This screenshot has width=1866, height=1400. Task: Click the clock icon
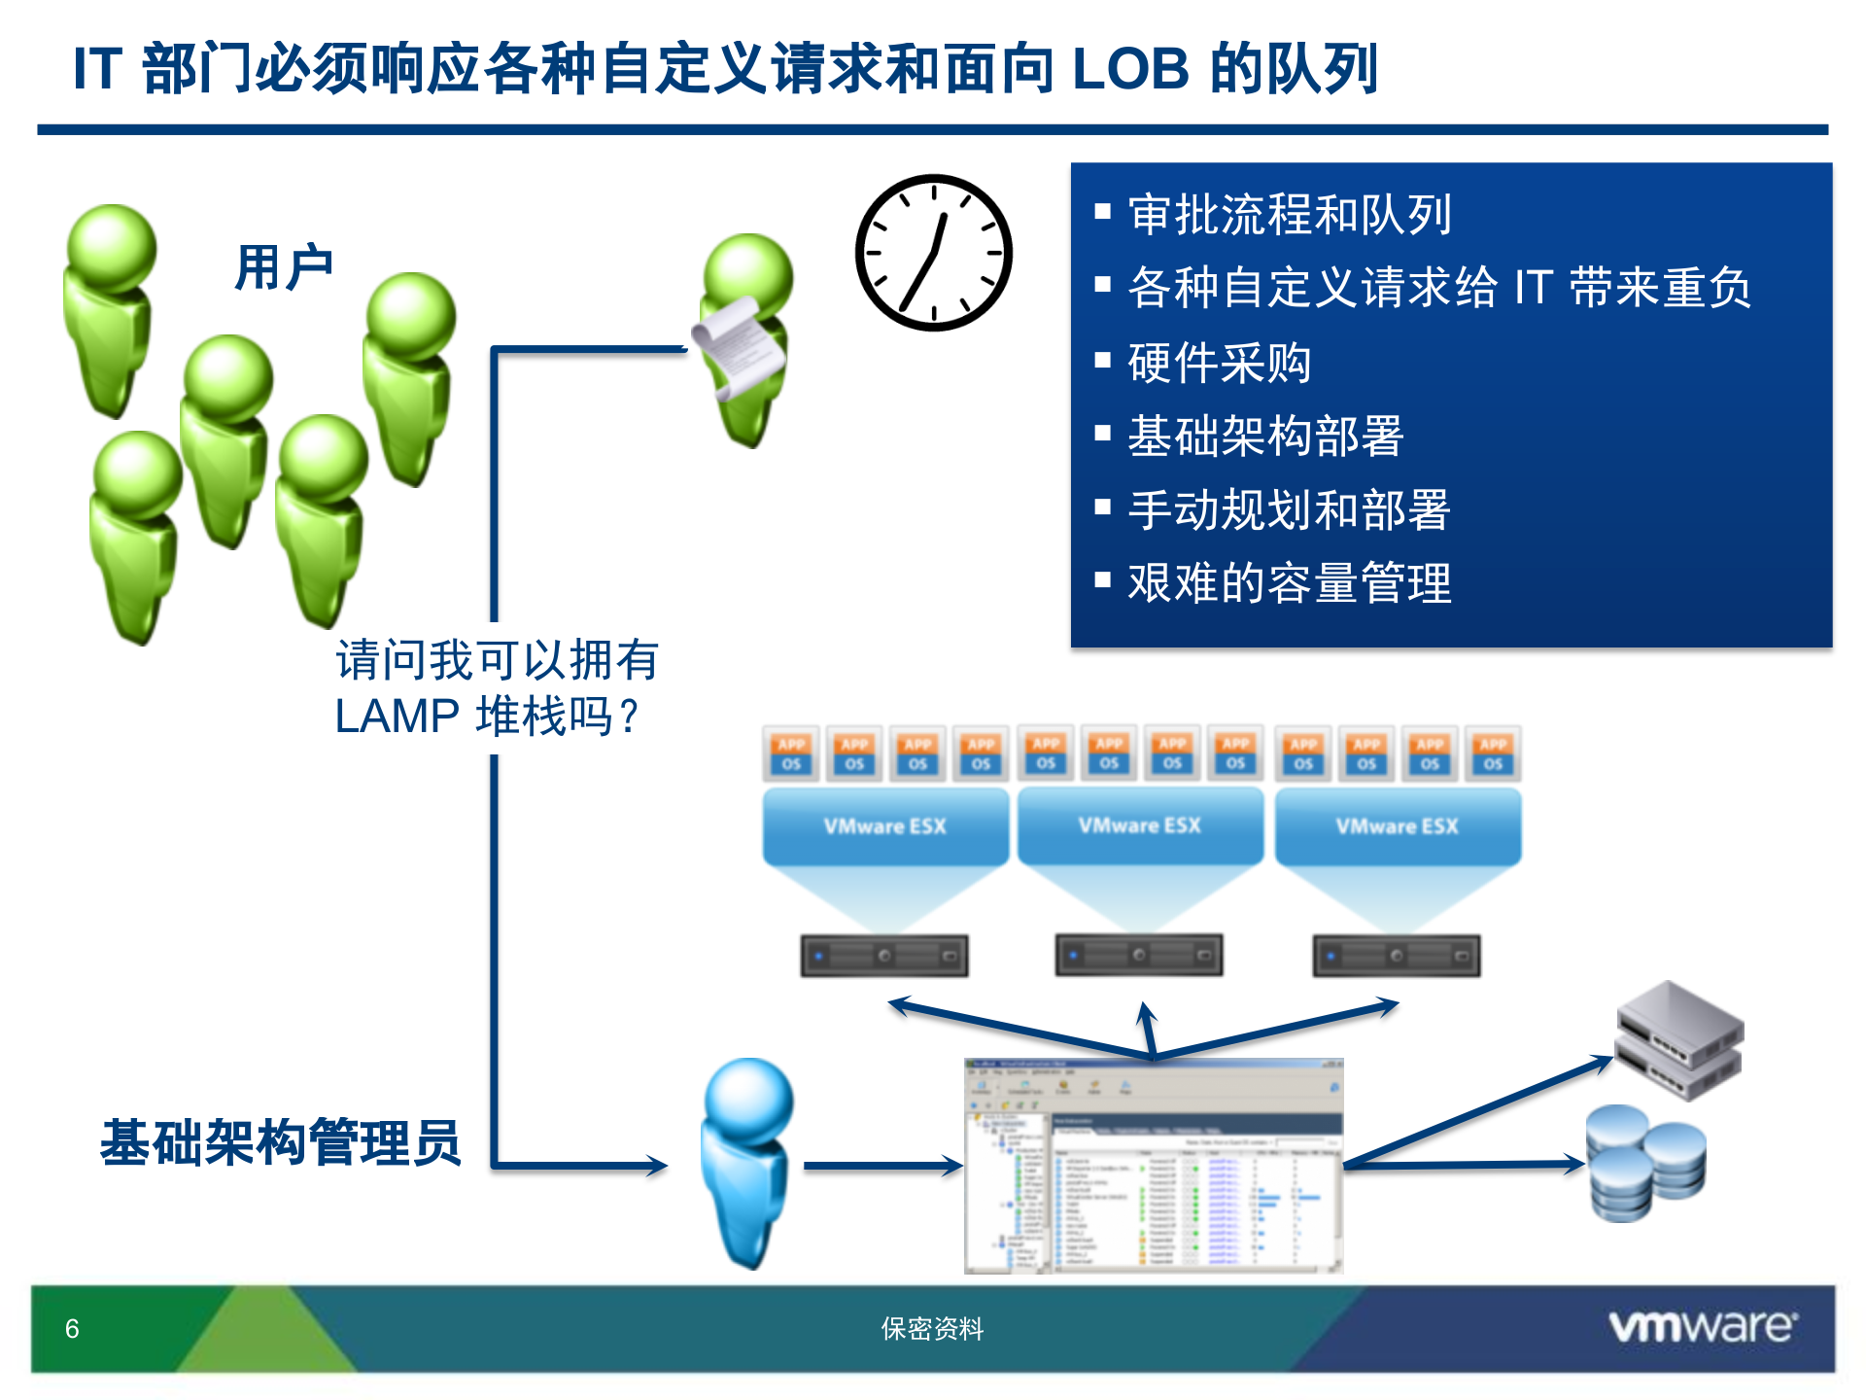click(x=933, y=253)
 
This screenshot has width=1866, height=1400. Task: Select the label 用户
click(x=284, y=267)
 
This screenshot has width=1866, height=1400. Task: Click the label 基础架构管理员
click(x=280, y=1142)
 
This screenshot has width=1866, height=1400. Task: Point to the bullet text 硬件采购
click(x=1219, y=363)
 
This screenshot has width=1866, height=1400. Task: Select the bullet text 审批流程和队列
click(x=1290, y=215)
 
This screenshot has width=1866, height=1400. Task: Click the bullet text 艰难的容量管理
click(x=1289, y=583)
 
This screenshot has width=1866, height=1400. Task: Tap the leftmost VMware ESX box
click(x=884, y=826)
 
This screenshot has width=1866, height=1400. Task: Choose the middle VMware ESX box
click(x=1139, y=826)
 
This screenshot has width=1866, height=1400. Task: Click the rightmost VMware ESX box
click(x=1397, y=826)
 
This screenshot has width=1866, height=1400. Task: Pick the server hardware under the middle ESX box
click(x=1139, y=956)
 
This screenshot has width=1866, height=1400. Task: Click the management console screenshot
click(x=1153, y=1166)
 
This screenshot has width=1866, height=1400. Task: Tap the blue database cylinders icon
click(x=1644, y=1163)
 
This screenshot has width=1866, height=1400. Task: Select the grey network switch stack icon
click(x=1679, y=1040)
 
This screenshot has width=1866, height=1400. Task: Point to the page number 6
click(x=72, y=1329)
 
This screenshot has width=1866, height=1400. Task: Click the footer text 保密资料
click(x=932, y=1329)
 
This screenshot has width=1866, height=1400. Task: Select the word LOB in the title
click(x=1130, y=69)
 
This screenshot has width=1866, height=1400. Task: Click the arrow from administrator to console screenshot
click(x=881, y=1166)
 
